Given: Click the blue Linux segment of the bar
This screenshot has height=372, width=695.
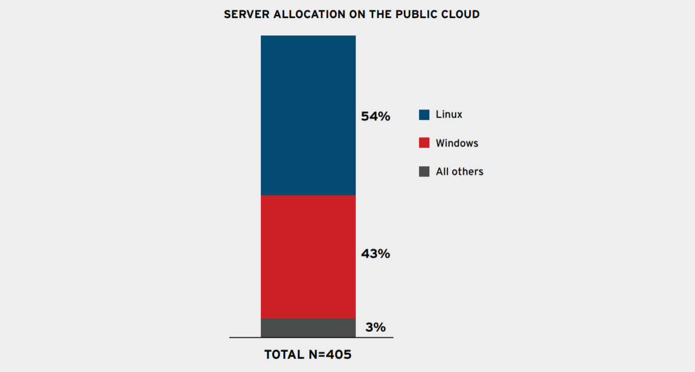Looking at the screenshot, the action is [308, 115].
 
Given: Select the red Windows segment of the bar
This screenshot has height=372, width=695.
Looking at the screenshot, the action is [308, 257].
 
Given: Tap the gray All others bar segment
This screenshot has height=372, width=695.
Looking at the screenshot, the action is [308, 328].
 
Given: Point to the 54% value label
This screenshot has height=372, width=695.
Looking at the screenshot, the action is [375, 117].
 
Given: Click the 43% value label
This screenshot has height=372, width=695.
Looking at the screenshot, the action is [375, 254].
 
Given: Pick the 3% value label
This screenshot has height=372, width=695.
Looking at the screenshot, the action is [375, 327].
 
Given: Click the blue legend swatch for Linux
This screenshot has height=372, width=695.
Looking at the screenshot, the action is [424, 114].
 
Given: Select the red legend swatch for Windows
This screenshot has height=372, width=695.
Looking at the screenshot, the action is [424, 143].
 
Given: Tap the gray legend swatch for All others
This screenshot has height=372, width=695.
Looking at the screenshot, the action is [424, 172].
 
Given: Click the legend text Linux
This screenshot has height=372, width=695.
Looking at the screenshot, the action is [449, 114].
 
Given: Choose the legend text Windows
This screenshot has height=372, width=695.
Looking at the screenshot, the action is [457, 143].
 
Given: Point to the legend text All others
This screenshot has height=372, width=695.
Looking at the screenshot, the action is [459, 171].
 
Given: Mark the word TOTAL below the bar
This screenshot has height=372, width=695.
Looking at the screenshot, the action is [284, 355].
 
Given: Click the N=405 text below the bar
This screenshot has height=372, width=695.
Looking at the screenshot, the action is [330, 355].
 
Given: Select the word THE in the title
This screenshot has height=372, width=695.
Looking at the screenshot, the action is [380, 14].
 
